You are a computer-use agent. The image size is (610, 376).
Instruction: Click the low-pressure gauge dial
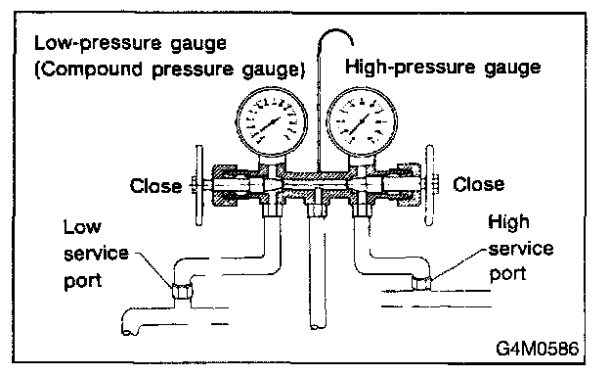coord(272,122)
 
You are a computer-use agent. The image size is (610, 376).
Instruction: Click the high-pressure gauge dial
coord(362,122)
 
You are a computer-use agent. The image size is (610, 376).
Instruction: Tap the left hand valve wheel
coord(198,185)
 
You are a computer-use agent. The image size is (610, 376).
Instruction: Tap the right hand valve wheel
coord(429,185)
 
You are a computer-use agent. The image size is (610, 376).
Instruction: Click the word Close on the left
coord(155,186)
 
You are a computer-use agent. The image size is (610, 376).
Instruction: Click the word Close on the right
coord(478,184)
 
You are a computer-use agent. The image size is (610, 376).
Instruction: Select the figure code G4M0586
coord(538,348)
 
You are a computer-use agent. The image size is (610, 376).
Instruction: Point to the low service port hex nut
coord(182,291)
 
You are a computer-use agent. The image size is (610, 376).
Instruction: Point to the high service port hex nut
coord(421,283)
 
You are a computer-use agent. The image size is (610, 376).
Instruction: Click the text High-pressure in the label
coord(410,68)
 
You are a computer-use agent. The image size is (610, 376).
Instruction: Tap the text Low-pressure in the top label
coord(97,43)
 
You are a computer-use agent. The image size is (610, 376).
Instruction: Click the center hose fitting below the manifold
coord(317,210)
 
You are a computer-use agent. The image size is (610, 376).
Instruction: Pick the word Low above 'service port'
coord(82,227)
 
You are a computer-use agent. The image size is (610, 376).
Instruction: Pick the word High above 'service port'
coord(508,222)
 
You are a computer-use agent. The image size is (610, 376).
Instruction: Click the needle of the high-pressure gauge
coord(360,124)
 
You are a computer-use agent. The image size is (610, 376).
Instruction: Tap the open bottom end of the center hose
coord(318,326)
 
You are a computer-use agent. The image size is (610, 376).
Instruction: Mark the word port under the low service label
coord(83,281)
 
